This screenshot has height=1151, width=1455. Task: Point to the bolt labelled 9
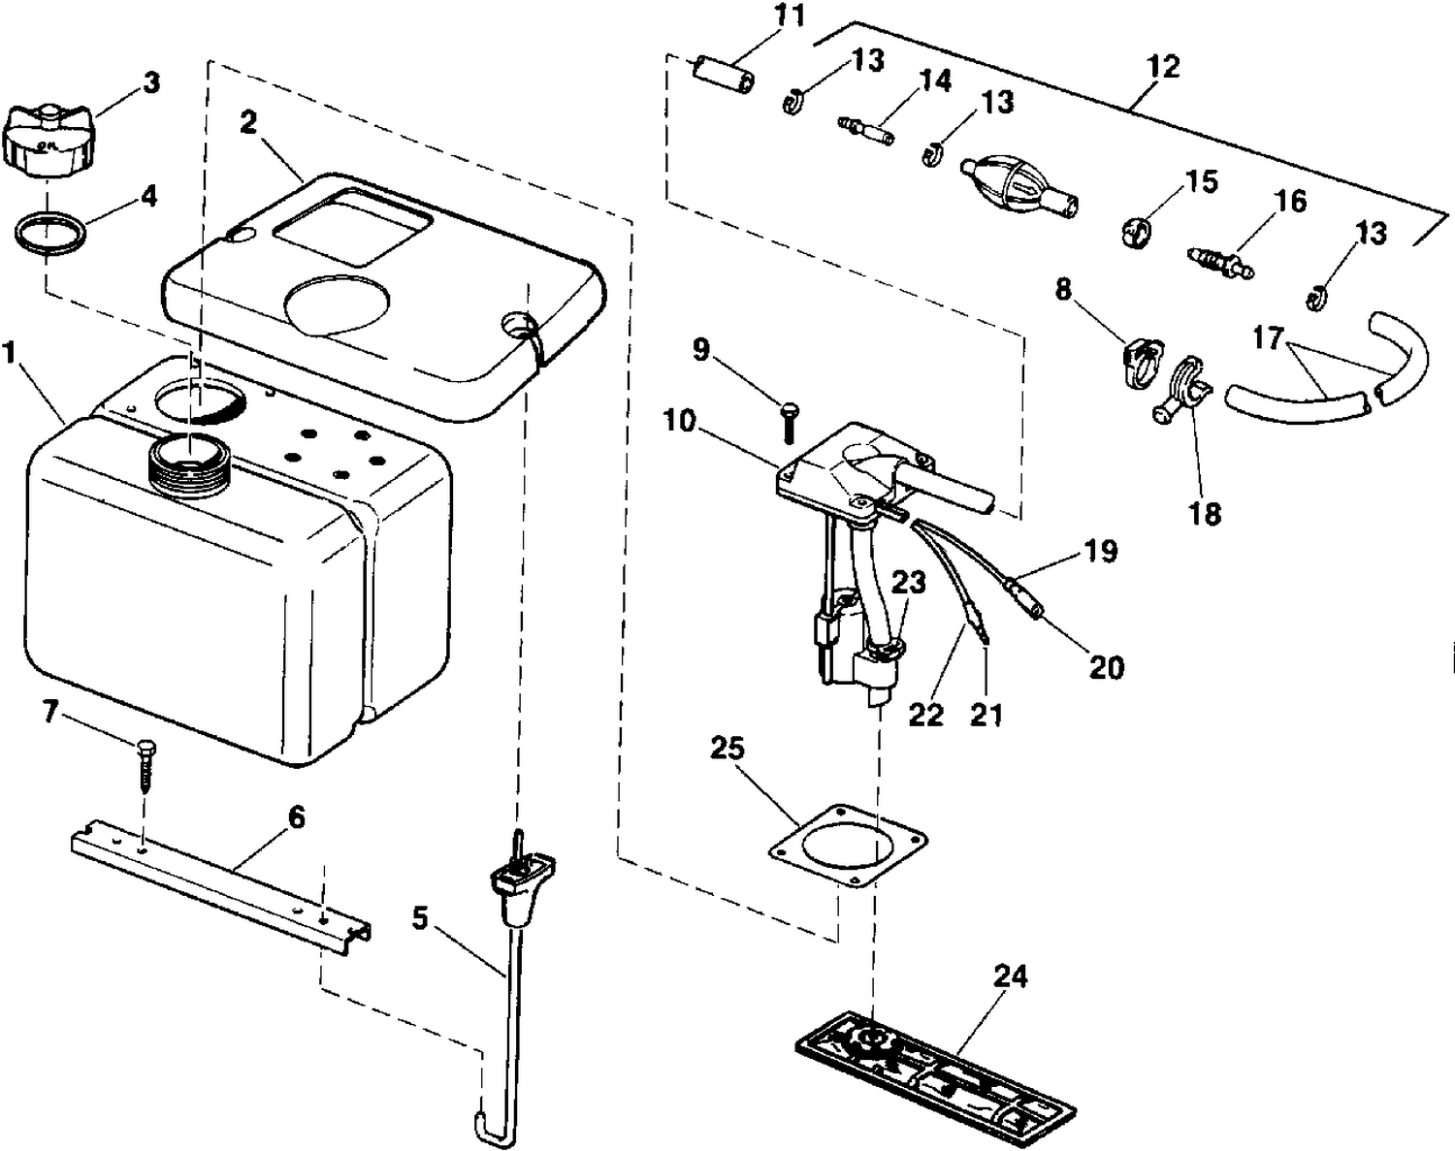coord(789,423)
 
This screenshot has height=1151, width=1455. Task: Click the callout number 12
coord(1163,68)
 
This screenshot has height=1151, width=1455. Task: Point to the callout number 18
coord(1204,515)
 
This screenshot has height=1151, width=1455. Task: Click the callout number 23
coord(908,583)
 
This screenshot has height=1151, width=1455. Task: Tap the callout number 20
coord(1107,667)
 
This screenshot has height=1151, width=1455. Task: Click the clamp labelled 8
coord(1142,363)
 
